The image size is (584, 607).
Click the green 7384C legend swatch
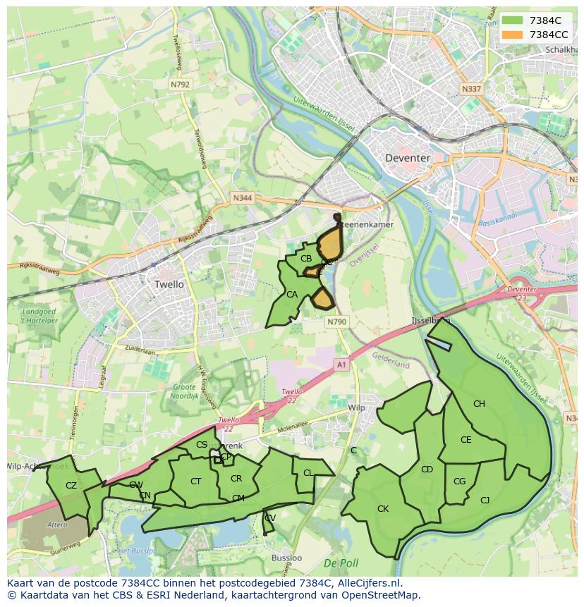(512, 20)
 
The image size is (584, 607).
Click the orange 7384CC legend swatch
(512, 35)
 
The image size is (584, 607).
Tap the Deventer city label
(407, 158)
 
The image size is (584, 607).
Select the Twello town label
(169, 284)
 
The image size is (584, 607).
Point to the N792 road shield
(180, 84)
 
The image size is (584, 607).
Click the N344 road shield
(242, 199)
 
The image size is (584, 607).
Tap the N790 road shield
(337, 321)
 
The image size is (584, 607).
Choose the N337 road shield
(470, 90)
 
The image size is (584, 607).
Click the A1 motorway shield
(341, 364)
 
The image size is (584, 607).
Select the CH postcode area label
(479, 404)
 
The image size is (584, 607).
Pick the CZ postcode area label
(71, 485)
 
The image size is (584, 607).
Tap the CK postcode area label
(383, 508)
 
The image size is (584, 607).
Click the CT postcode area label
(196, 482)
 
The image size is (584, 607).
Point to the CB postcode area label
(306, 259)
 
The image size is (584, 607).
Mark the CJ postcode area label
(485, 501)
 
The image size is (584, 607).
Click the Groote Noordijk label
(185, 392)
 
